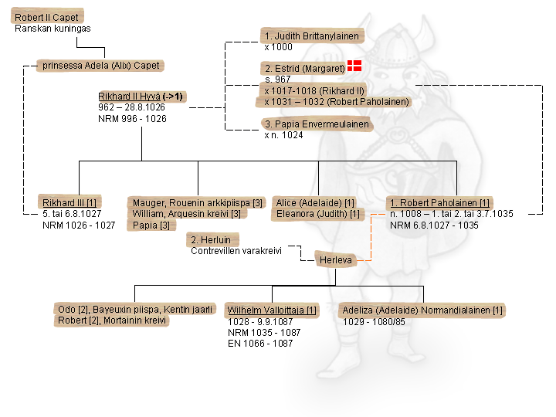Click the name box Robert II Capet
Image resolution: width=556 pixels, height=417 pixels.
click(x=46, y=17)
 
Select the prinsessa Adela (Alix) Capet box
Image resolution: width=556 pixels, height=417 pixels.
click(x=101, y=66)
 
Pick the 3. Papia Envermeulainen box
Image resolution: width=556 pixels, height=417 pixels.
click(x=317, y=124)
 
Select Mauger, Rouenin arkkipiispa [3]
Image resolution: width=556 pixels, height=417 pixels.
click(x=198, y=202)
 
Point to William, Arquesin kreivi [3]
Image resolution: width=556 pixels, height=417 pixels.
click(x=186, y=213)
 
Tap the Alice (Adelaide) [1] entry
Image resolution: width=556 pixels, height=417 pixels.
click(x=314, y=202)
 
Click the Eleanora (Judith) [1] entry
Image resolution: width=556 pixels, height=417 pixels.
click(x=317, y=213)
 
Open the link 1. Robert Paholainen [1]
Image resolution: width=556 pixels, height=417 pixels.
click(x=440, y=202)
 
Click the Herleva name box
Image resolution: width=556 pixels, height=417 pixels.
click(x=335, y=260)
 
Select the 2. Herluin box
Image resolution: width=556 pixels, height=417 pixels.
click(x=211, y=239)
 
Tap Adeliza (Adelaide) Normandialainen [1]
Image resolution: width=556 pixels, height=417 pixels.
click(x=422, y=310)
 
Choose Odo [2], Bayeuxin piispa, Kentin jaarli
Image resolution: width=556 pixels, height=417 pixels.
click(x=135, y=309)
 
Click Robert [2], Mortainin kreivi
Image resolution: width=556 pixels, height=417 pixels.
click(x=112, y=320)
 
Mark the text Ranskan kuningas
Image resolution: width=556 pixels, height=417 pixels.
click(x=53, y=29)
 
